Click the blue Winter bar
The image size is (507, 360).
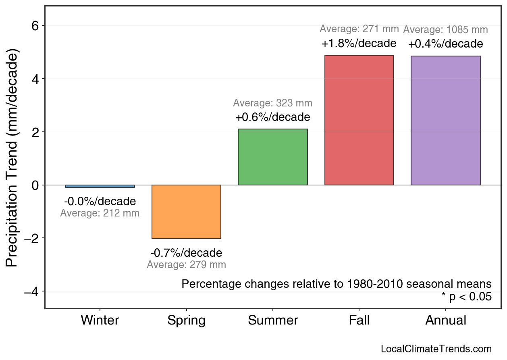pyautogui.click(x=100, y=186)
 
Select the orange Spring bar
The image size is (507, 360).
pyautogui.click(x=186, y=212)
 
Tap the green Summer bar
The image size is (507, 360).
pyautogui.click(x=273, y=157)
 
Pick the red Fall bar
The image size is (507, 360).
pyautogui.click(x=359, y=120)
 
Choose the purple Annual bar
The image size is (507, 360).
pyautogui.click(x=446, y=121)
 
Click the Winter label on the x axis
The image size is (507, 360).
pyautogui.click(x=100, y=320)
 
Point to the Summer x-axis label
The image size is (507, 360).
pyautogui.click(x=273, y=320)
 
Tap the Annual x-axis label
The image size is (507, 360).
pyautogui.click(x=446, y=320)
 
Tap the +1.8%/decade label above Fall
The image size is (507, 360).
pyautogui.click(x=359, y=43)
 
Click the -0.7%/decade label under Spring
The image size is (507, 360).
pyautogui.click(x=186, y=253)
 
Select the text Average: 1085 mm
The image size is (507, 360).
pyautogui.click(x=445, y=30)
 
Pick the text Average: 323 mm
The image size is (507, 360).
pyautogui.click(x=272, y=103)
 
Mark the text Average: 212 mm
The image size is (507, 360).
pyautogui.click(x=100, y=213)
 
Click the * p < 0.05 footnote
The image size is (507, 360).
pyautogui.click(x=466, y=297)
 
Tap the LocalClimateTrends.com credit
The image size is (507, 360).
pyautogui.click(x=436, y=349)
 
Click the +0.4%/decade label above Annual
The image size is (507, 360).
pyautogui.click(x=445, y=44)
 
